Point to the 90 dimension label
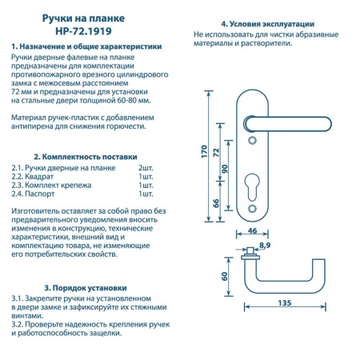point(226,168)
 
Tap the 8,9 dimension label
point(265,244)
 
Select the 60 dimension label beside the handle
point(226,277)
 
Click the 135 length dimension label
point(284,303)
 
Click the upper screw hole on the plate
point(254,140)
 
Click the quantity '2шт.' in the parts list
point(146,169)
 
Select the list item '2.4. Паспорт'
point(38,194)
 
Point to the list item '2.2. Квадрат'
point(38,177)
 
